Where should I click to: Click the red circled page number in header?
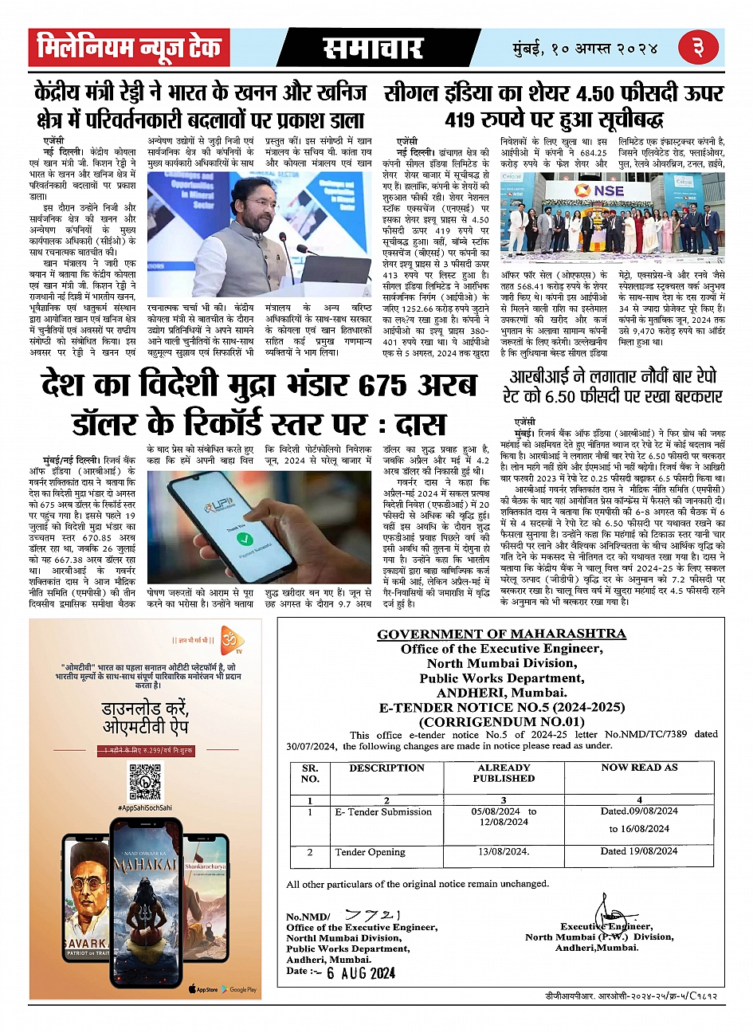pos(698,48)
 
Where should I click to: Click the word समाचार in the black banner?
pos(372,49)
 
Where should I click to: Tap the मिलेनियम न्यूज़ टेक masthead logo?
pos(129,48)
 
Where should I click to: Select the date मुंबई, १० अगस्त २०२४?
pos(586,49)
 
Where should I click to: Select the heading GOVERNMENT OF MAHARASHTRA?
pos(501,634)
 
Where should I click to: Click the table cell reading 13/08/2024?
pos(504,851)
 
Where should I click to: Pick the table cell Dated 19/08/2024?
pos(639,850)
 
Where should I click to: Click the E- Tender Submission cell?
pos(383,811)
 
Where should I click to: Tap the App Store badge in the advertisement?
pos(203,989)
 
